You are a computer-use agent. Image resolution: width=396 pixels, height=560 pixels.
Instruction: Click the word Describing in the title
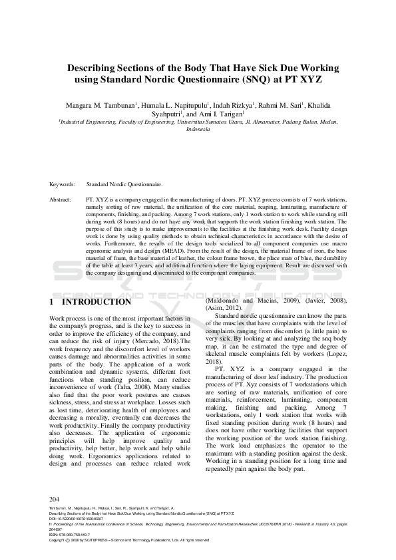tap(94, 68)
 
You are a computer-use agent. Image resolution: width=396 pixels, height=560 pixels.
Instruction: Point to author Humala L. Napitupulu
tap(176, 105)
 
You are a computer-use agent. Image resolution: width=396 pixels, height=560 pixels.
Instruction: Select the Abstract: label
tap(61, 199)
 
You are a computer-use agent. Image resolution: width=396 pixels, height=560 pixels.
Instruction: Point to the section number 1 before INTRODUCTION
tap(52, 302)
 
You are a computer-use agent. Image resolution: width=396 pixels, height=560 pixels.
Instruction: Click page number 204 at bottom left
tap(55, 517)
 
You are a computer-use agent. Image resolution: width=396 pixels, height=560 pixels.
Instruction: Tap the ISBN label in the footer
tap(53, 543)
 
